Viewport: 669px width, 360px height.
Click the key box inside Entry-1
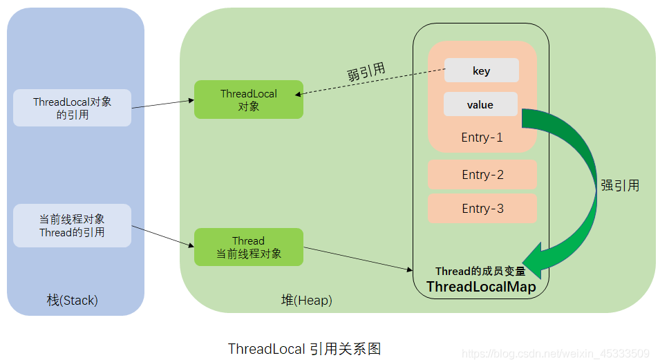click(x=481, y=70)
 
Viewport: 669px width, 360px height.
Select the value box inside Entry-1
click(x=480, y=104)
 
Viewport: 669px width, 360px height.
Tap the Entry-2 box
click(x=482, y=175)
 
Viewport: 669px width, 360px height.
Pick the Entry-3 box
click(x=482, y=208)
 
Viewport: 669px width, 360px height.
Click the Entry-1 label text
click(x=482, y=138)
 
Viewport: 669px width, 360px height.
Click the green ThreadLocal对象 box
click(x=248, y=100)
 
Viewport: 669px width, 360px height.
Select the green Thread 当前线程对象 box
click(x=248, y=247)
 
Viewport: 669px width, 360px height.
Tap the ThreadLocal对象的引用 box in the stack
click(x=72, y=108)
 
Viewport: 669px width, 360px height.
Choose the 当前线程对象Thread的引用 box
click(x=72, y=225)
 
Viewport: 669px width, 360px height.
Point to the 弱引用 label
click(x=366, y=72)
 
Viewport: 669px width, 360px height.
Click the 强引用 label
click(x=620, y=185)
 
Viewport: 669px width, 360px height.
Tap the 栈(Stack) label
click(x=73, y=301)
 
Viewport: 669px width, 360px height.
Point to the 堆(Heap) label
click(x=306, y=301)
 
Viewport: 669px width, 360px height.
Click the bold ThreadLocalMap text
click(x=481, y=287)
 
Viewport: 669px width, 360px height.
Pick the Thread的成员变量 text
click(x=480, y=272)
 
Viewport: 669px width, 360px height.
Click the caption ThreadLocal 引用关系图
click(x=304, y=348)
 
